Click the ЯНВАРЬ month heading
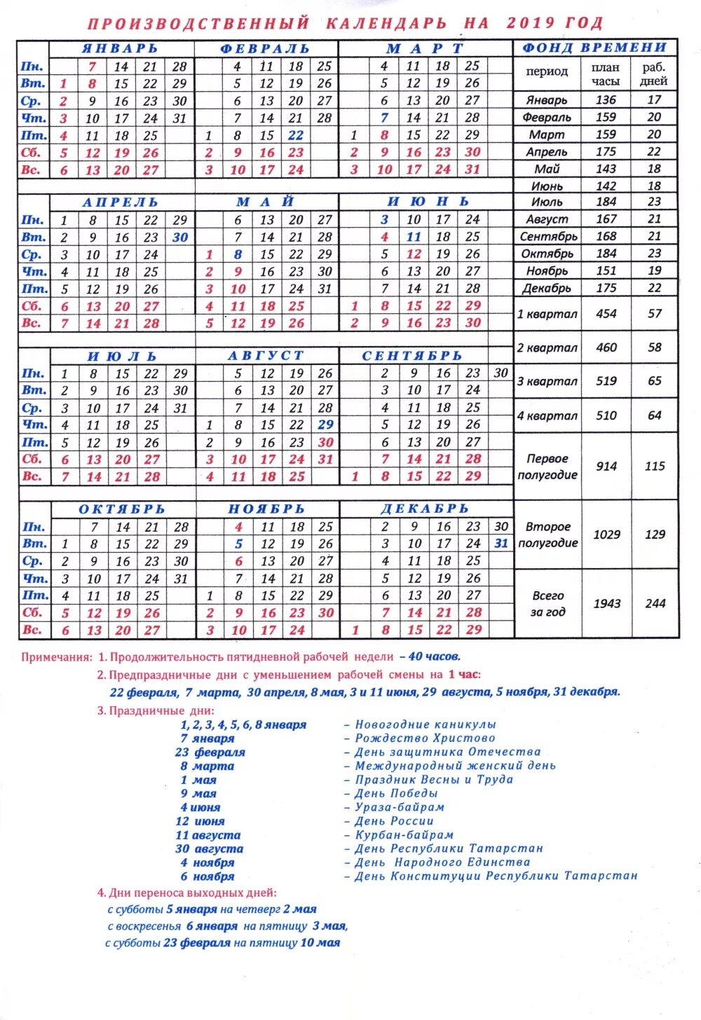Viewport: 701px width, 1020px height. [120, 49]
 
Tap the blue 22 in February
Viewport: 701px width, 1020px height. [296, 135]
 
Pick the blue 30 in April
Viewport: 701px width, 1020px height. [180, 237]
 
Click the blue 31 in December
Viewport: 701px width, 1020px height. [501, 543]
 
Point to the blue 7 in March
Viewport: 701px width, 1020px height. [384, 118]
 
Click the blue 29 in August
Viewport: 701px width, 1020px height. [325, 425]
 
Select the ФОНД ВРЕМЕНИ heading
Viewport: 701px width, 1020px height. [594, 48]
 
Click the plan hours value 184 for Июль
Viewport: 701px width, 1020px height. [606, 202]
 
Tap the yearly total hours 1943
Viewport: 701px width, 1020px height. [607, 603]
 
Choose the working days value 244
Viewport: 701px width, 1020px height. [655, 603]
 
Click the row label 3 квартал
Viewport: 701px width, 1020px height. [547, 382]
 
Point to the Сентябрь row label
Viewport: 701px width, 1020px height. [548, 237]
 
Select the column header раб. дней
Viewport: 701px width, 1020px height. [653, 74]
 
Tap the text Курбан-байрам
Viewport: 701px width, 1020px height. [404, 835]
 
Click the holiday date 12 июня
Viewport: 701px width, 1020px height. [200, 821]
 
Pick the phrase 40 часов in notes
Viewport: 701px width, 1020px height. [434, 657]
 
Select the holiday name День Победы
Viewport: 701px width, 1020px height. [396, 794]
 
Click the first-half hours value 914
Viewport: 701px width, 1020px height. [606, 466]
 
